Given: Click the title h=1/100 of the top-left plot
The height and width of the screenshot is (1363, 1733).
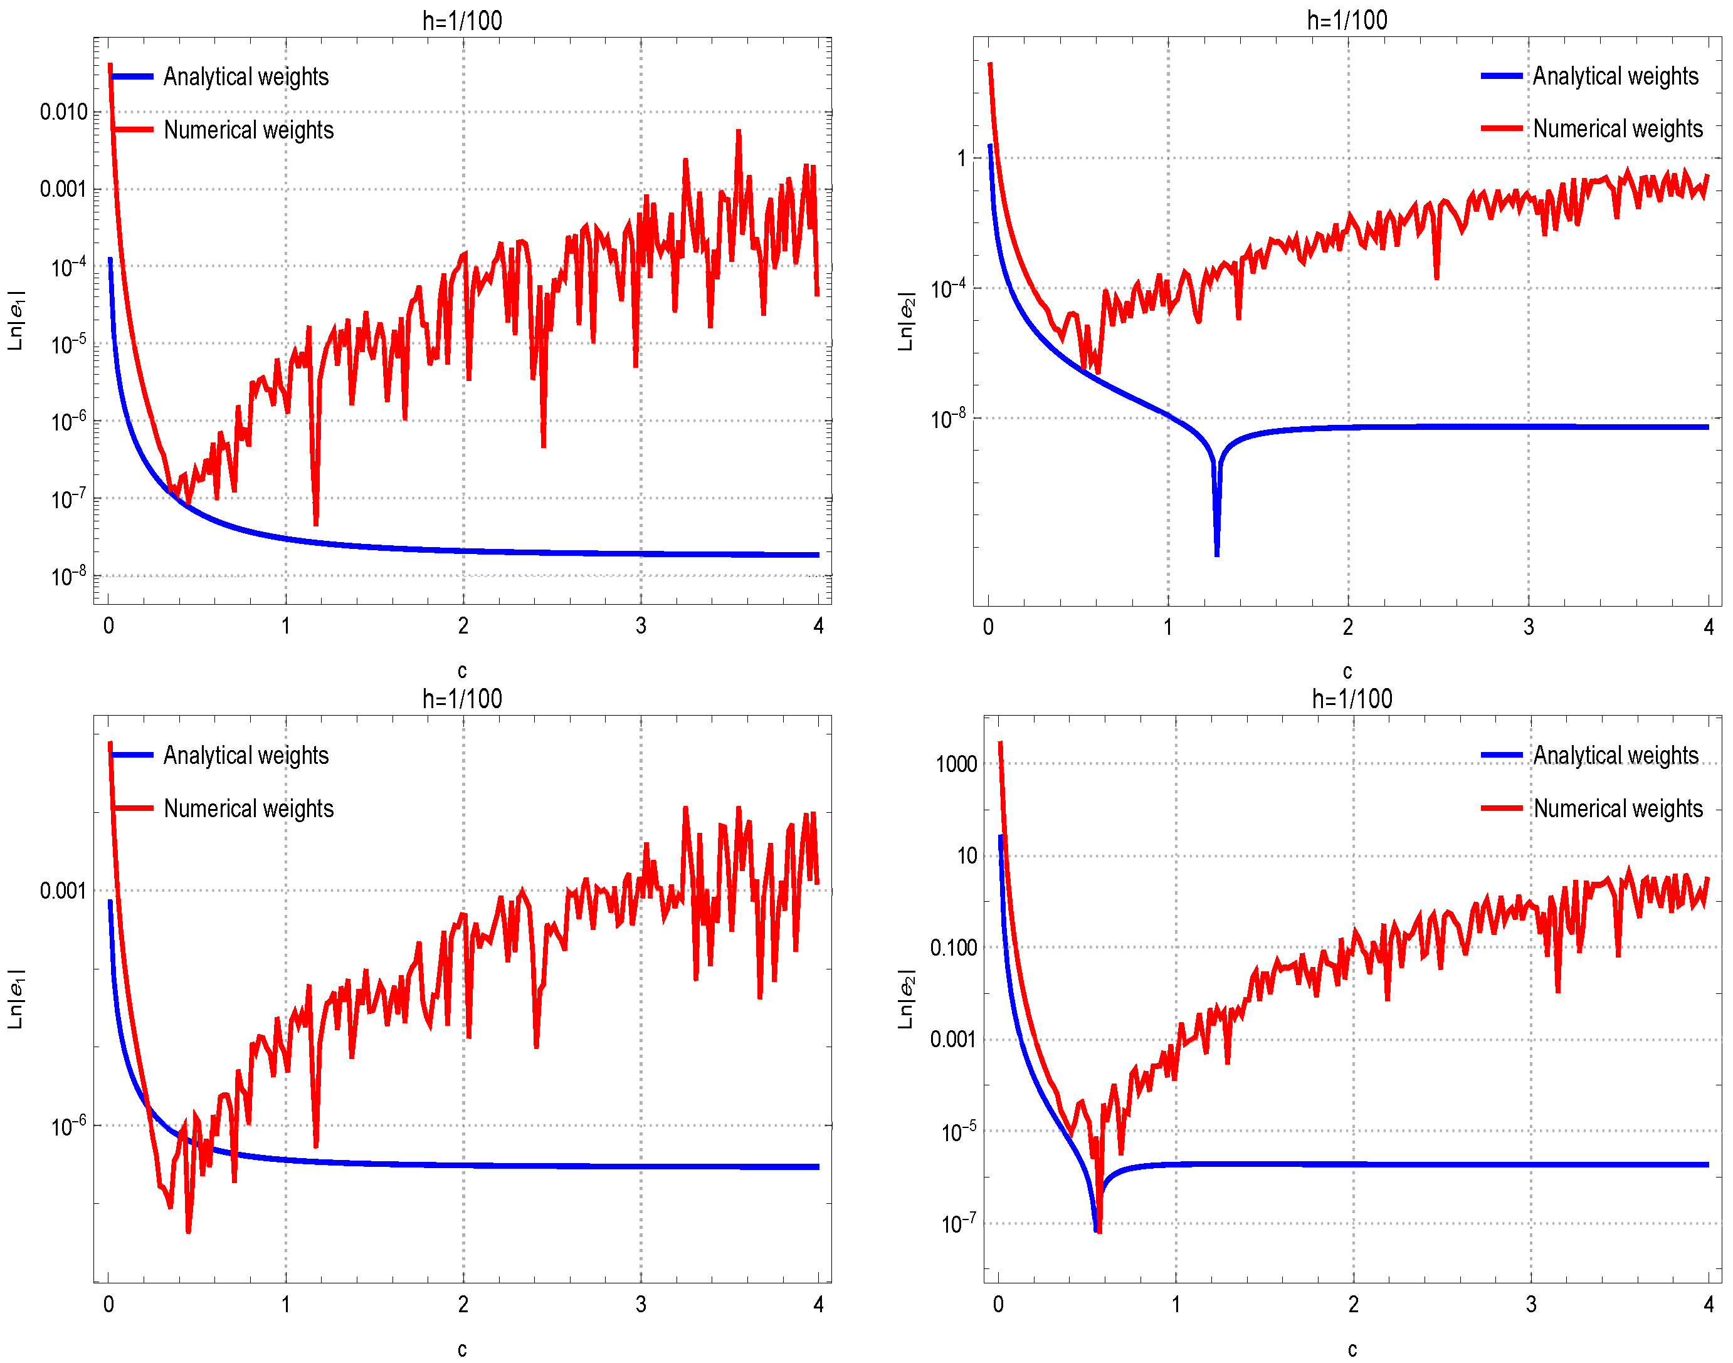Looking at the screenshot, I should pyautogui.click(x=462, y=21).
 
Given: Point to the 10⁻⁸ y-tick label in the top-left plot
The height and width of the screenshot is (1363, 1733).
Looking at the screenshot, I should pyautogui.click(x=68, y=575).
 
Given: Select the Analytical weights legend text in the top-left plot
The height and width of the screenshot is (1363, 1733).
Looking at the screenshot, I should pyautogui.click(x=246, y=76).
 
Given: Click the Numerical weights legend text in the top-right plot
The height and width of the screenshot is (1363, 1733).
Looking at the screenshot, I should pyautogui.click(x=1617, y=128).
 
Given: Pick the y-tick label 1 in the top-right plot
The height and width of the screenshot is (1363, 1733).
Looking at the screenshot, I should pyautogui.click(x=961, y=158).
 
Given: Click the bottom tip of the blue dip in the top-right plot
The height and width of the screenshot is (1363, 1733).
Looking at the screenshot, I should pyautogui.click(x=1216, y=554).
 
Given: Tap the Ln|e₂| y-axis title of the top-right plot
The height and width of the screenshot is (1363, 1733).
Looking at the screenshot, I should pyautogui.click(x=905, y=321).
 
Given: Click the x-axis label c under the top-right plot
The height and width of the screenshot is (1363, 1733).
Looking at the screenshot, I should pyautogui.click(x=1347, y=671).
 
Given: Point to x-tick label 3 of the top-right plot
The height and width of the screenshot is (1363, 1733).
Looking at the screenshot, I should pyautogui.click(x=1528, y=627).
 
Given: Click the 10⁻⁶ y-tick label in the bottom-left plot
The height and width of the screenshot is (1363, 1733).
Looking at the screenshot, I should pyautogui.click(x=68, y=1126).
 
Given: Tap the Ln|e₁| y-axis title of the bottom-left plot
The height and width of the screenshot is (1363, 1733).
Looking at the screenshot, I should pyautogui.click(x=16, y=999).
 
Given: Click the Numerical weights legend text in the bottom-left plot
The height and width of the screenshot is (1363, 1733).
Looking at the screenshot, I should pyautogui.click(x=248, y=808).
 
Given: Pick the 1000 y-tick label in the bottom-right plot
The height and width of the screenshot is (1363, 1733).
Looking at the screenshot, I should pyautogui.click(x=956, y=765).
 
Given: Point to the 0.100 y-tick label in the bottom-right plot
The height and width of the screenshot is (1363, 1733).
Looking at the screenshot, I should pyautogui.click(x=953, y=948).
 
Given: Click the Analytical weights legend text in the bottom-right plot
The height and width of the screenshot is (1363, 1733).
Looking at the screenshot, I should pyautogui.click(x=1616, y=755).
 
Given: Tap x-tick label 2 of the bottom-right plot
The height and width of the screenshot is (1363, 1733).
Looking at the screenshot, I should pyautogui.click(x=1353, y=1305).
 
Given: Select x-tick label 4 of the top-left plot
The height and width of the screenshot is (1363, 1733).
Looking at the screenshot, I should pyautogui.click(x=818, y=625).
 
